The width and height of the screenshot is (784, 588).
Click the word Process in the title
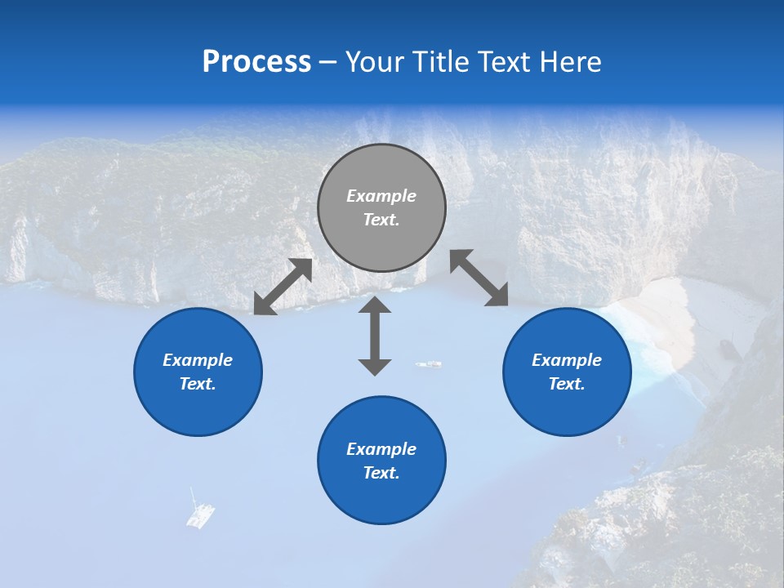point(256,62)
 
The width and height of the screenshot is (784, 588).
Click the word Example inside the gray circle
point(381,196)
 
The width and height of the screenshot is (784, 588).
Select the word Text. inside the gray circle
point(381,220)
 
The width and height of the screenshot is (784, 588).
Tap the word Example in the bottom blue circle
point(381,449)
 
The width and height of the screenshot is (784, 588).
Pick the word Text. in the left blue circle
point(198,384)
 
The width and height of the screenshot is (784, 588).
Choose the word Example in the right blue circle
point(567,360)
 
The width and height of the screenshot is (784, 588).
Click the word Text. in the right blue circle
point(567,384)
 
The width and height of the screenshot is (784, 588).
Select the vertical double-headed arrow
point(375,336)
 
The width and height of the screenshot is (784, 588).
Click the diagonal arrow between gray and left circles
point(283,287)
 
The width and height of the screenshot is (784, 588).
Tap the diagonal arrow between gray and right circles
point(479,278)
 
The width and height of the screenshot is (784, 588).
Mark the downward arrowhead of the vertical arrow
point(375,367)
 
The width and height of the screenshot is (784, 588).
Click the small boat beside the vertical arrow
point(429,364)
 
